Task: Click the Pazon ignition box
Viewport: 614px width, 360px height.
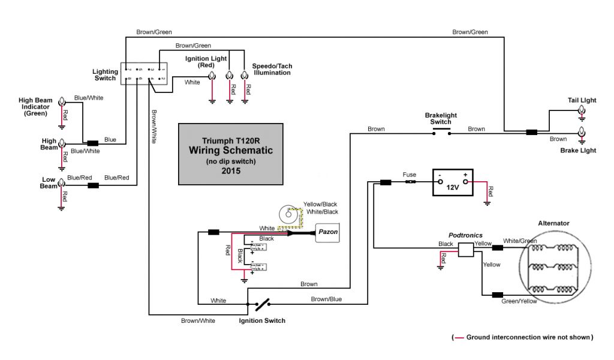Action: (327, 232)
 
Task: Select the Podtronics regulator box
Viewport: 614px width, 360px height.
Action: (466, 250)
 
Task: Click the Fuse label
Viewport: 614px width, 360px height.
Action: (410, 175)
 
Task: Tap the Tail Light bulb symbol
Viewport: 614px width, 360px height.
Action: (581, 110)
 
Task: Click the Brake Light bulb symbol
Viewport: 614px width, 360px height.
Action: (581, 132)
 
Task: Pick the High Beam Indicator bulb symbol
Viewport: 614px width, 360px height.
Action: (61, 104)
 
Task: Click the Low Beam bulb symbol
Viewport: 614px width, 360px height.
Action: (61, 185)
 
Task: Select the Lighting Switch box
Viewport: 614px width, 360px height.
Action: (144, 74)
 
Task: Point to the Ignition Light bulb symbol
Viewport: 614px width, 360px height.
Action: (212, 76)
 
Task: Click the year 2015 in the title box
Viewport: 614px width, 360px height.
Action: (230, 171)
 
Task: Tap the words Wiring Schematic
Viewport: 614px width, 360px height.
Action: (231, 150)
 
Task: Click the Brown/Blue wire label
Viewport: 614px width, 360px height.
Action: (326, 299)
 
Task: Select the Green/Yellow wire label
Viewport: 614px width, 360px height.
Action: (519, 301)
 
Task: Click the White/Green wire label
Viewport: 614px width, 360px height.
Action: (519, 241)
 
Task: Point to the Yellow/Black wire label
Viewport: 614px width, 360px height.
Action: (321, 204)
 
